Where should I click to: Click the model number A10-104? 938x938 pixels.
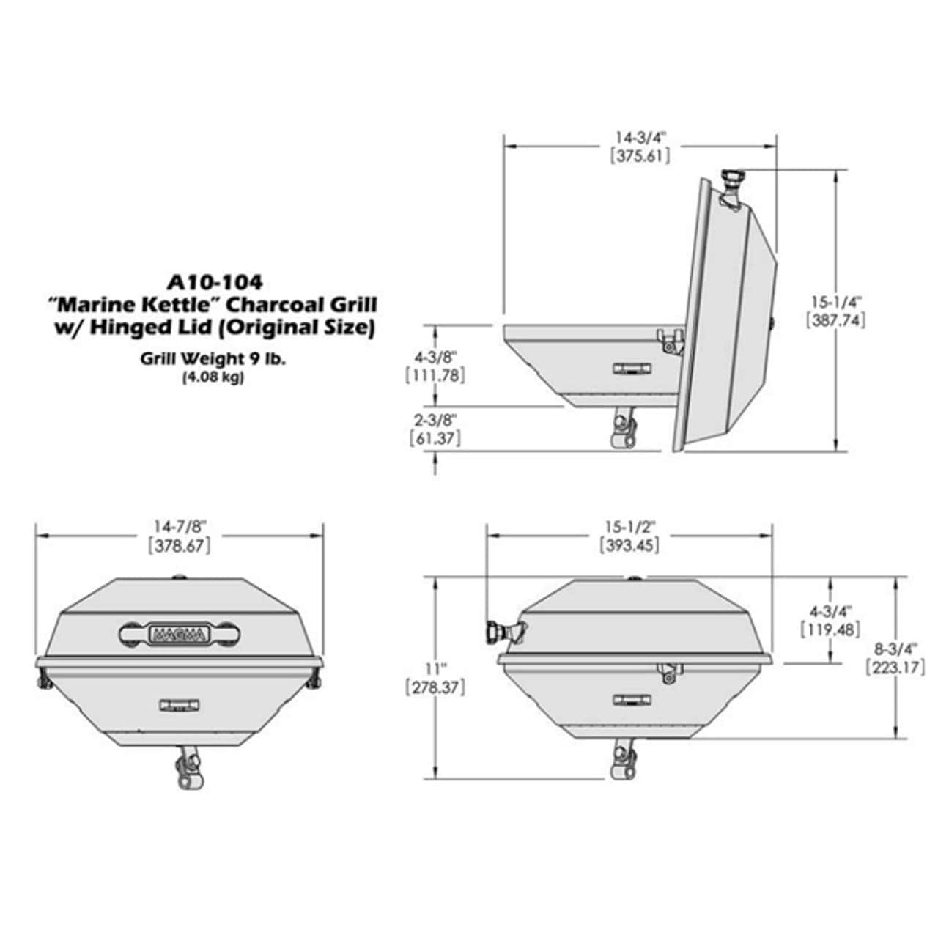pyautogui.click(x=215, y=282)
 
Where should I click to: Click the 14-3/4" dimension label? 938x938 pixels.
pyautogui.click(x=640, y=138)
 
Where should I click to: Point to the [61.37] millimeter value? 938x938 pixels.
pyautogui.click(x=435, y=438)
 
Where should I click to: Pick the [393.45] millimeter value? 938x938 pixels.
pyautogui.click(x=630, y=545)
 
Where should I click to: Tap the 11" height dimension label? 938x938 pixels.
pyautogui.click(x=435, y=668)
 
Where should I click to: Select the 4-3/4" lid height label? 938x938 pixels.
pyautogui.click(x=830, y=610)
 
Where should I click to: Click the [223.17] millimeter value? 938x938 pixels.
pyautogui.click(x=895, y=668)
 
